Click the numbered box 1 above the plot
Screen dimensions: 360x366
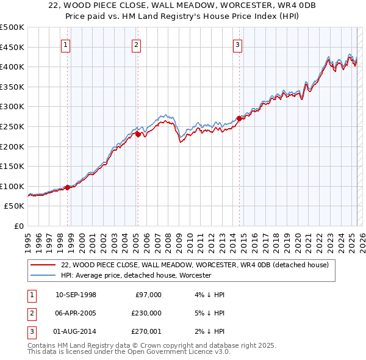(65, 44)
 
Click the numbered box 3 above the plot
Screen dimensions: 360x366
(237, 44)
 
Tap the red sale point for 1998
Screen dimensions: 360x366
(67, 187)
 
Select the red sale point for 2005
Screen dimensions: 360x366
(138, 134)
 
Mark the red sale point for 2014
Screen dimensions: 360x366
(239, 118)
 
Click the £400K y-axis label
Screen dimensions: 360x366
(12, 67)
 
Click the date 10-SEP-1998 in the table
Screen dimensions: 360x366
(76, 295)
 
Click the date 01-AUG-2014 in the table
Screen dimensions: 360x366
(76, 331)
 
